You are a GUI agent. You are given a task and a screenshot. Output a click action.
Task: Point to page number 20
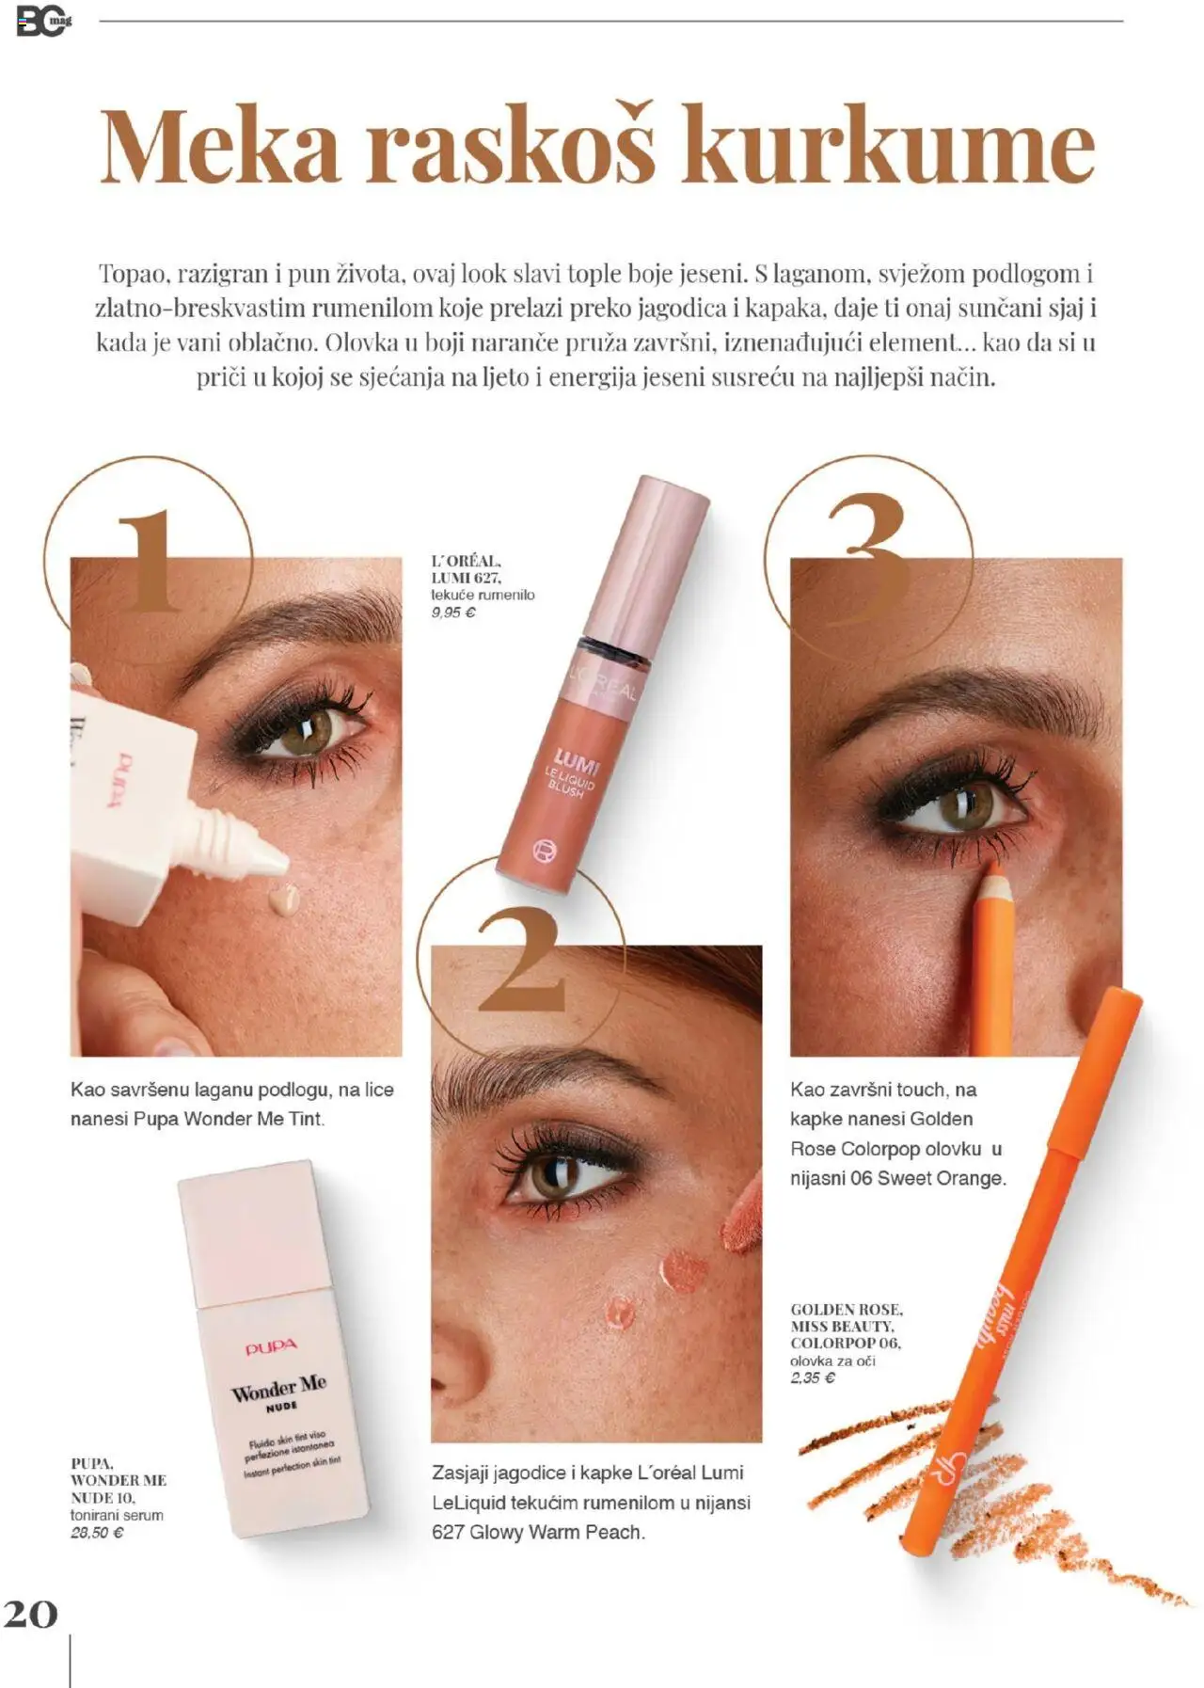pyautogui.click(x=30, y=1614)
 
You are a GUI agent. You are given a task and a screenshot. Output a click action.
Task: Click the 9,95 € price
pyautogui.click(x=453, y=613)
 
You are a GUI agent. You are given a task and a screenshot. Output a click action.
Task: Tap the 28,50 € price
pyautogui.click(x=97, y=1533)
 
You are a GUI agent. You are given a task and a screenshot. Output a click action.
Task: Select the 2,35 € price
pyautogui.click(x=813, y=1378)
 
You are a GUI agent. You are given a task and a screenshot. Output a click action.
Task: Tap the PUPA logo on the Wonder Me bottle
pyautogui.click(x=271, y=1348)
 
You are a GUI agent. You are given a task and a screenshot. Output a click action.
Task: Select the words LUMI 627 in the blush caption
pyautogui.click(x=466, y=578)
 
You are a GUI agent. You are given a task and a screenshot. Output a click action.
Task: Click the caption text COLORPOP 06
pyautogui.click(x=845, y=1344)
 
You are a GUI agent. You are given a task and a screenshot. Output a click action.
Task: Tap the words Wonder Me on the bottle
pyautogui.click(x=279, y=1388)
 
